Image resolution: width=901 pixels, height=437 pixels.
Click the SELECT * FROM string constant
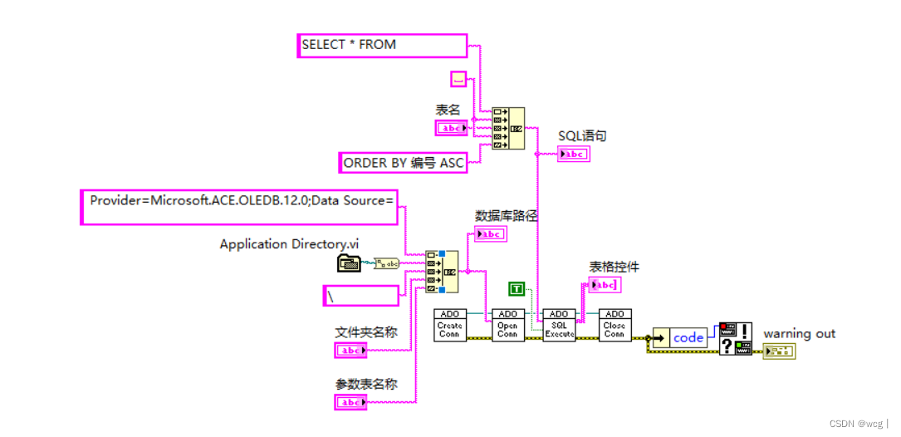[382, 45]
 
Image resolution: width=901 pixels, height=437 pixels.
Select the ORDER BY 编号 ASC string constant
[404, 163]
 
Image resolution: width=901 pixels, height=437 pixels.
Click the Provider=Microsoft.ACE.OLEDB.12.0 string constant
[239, 206]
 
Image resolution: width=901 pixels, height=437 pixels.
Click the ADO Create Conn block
[449, 325]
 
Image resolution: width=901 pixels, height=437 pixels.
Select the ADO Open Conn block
[507, 325]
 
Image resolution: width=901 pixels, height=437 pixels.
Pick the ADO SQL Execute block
[559, 325]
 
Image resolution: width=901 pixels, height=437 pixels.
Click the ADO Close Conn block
[615, 325]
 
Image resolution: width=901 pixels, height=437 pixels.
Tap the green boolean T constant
[517, 289]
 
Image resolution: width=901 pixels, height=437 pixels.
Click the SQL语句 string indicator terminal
[573, 154]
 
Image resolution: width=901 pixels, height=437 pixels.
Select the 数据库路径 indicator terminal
[490, 234]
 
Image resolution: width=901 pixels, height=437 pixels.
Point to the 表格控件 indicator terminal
[604, 285]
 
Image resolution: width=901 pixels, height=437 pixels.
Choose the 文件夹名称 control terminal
[350, 351]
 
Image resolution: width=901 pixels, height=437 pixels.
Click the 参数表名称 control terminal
[350, 402]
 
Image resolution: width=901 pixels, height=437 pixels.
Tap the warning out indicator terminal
[779, 351]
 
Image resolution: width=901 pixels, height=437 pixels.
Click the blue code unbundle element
[688, 337]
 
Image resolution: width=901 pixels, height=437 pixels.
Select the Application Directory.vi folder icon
[349, 263]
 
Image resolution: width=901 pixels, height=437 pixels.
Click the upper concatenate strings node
[507, 128]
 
